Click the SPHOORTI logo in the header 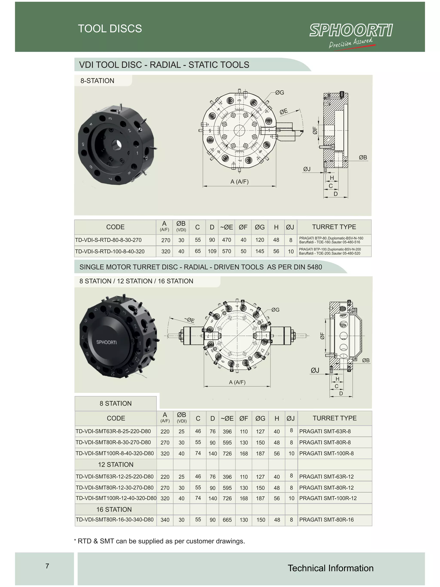pyautogui.click(x=351, y=31)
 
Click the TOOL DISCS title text pyautogui.click(x=110, y=29)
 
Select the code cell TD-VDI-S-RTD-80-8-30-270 pyautogui.click(x=108, y=240)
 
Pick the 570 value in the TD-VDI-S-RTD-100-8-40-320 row pyautogui.click(x=226, y=251)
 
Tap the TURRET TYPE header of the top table pyautogui.click(x=334, y=227)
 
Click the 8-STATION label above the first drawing pyautogui.click(x=97, y=81)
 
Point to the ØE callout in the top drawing pyautogui.click(x=284, y=112)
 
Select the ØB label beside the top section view pyautogui.click(x=363, y=158)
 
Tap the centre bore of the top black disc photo pyautogui.click(x=117, y=145)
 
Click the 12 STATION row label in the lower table pyautogui.click(x=116, y=465)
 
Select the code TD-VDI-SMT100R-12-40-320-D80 pyautogui.click(x=116, y=498)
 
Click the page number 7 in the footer pyautogui.click(x=47, y=566)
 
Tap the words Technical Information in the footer pyautogui.click(x=330, y=568)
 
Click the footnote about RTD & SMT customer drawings pyautogui.click(x=159, y=541)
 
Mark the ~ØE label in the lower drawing pyautogui.click(x=189, y=320)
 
